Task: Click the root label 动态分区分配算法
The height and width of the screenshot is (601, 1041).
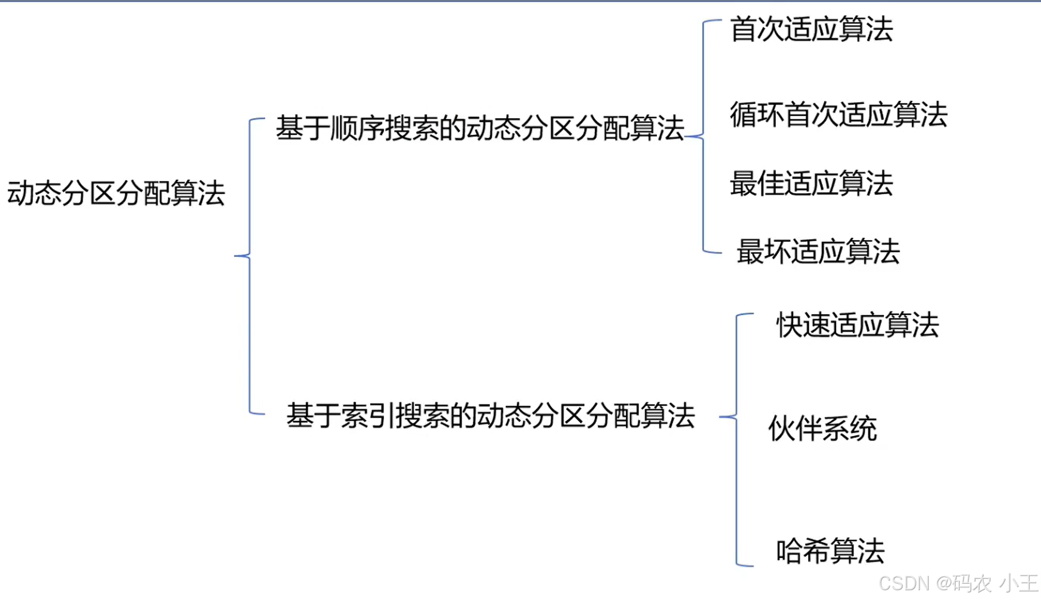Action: coord(116,194)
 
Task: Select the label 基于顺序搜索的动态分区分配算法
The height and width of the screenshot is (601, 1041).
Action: coord(480,128)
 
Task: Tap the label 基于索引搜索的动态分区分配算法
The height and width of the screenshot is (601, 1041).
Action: coord(490,416)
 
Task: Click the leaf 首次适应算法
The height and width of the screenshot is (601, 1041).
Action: coord(811,29)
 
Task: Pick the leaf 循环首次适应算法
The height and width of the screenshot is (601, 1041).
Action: coord(838,115)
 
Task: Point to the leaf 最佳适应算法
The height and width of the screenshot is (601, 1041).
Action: coord(811,183)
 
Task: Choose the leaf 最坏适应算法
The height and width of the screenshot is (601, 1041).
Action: coord(818,252)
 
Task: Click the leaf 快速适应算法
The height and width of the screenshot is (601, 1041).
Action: coord(857,326)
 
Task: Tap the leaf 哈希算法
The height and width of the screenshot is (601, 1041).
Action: coord(830,551)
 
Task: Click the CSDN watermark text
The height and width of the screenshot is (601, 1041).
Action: coord(958,583)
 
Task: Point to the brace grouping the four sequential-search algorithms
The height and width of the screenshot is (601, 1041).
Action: coord(704,136)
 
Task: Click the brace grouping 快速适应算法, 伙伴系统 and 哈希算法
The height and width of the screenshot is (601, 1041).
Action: coord(736,439)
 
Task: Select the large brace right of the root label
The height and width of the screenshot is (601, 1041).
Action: coord(249,266)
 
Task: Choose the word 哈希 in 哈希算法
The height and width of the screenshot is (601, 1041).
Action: coord(803,551)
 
